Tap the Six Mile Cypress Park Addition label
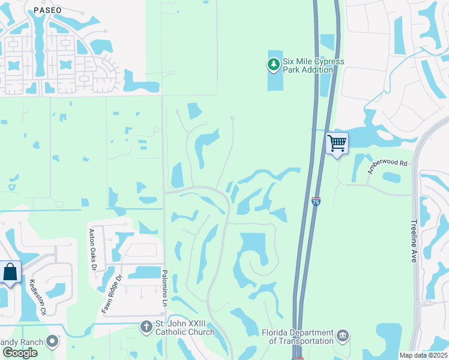coord(308,65)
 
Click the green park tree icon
coord(273,64)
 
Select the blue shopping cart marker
coord(337,143)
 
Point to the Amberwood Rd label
coord(387,166)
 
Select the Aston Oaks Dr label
coord(92,250)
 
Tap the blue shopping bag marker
coord(11,272)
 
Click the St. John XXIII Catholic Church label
coord(184,328)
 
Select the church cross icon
coord(145,328)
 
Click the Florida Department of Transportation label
coord(298,337)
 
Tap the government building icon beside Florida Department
coord(343,335)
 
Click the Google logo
coord(19,353)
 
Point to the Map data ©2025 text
coord(423,355)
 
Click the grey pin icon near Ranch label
coord(52,342)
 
